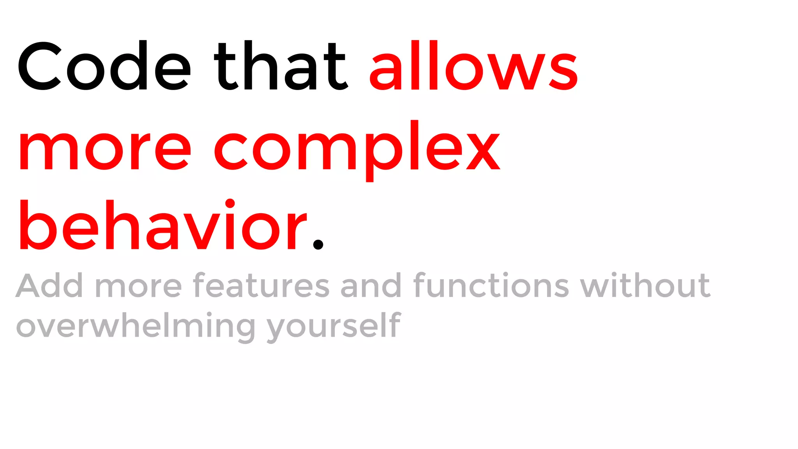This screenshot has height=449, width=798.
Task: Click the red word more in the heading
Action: [105, 151]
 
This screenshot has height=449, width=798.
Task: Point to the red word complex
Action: [357, 151]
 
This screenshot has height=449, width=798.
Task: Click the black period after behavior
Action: [318, 244]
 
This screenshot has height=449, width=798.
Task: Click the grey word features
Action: [261, 286]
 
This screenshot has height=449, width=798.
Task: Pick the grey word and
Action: [371, 286]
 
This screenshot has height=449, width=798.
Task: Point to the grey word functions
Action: [491, 286]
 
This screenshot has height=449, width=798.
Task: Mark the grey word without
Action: [645, 286]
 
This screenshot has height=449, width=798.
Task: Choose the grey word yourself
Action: [334, 327]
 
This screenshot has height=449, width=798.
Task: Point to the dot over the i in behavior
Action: [230, 203]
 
